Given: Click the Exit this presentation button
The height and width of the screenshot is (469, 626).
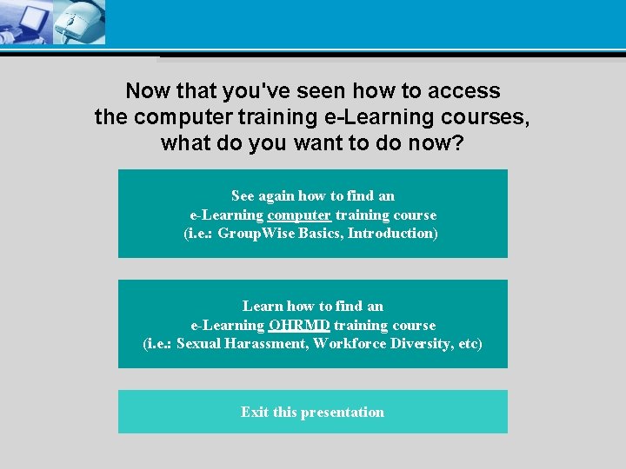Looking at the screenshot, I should click(x=312, y=412).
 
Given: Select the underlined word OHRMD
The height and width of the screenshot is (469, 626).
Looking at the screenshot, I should click(x=299, y=326).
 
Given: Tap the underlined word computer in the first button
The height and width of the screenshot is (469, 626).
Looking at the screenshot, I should click(x=299, y=215).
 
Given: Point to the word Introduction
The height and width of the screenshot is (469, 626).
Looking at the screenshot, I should click(x=391, y=234).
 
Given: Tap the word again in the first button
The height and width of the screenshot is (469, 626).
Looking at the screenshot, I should click(x=277, y=196).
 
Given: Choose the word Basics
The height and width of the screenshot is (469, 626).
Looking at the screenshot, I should click(x=318, y=234).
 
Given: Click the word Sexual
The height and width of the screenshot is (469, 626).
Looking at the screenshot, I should click(x=199, y=344).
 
